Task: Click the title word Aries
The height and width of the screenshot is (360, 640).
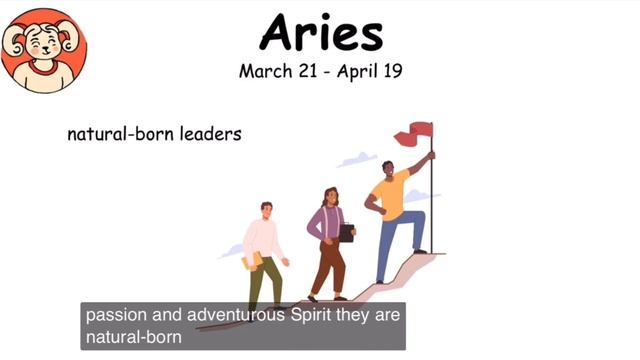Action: tap(320, 32)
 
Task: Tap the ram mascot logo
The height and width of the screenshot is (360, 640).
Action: tap(43, 47)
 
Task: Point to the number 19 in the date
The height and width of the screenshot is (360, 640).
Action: tap(390, 72)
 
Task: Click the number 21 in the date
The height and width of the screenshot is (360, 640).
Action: tap(304, 72)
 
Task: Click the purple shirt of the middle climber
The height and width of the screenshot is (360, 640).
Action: tap(327, 223)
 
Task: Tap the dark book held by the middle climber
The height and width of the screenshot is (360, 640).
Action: tap(346, 232)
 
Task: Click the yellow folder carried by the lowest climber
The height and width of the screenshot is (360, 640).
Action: tap(254, 261)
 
